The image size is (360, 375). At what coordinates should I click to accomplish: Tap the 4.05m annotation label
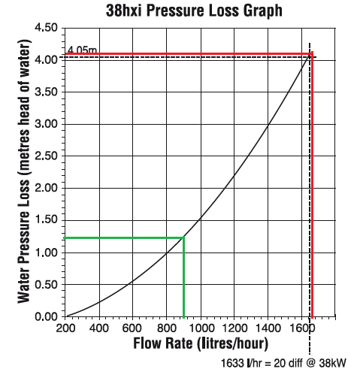coord(82,50)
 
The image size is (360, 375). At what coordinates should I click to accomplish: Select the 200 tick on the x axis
coord(66,327)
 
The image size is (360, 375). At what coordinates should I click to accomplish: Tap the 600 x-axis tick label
coord(133,327)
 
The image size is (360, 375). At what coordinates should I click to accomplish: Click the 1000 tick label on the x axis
coord(200,327)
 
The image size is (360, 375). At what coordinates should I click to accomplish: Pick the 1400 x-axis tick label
coord(267,327)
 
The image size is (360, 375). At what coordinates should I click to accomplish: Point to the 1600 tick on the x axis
coord(300,327)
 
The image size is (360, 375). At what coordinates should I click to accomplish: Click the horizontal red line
coord(188,54)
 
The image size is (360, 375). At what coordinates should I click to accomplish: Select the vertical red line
coord(312,188)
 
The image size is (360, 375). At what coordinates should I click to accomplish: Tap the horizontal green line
coord(124,238)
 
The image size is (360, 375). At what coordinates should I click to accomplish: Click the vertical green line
coord(183,278)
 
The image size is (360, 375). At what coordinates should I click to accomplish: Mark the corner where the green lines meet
coord(183,238)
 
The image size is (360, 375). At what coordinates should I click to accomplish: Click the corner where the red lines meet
coord(312,54)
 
